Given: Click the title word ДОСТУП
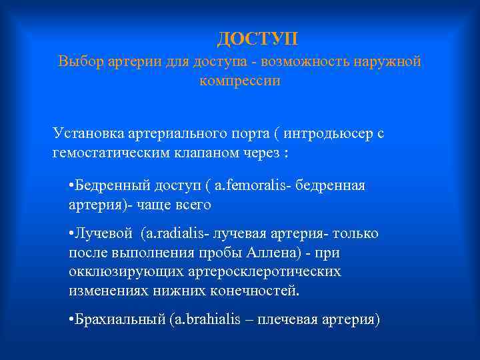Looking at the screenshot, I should click(257, 38).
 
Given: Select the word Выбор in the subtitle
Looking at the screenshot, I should click(79, 62).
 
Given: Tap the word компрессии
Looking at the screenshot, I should click(239, 81).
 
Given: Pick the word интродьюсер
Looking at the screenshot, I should click(325, 133).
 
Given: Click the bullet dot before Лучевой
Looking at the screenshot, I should click(71, 234).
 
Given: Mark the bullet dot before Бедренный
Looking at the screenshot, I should click(71, 185).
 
